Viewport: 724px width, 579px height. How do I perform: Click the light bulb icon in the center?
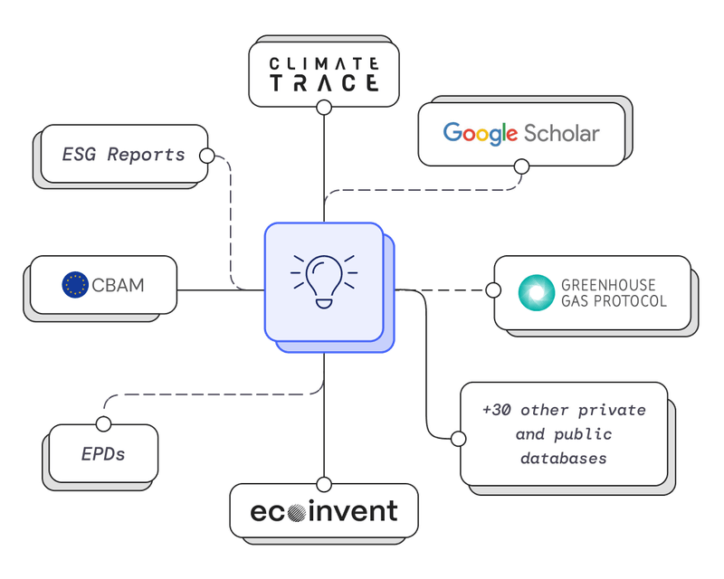click(323, 279)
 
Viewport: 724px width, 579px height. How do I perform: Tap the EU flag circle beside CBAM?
click(75, 286)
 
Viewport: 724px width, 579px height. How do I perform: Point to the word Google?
click(480, 134)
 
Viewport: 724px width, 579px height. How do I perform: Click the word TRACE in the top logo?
click(324, 83)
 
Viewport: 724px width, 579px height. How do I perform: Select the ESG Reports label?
click(123, 154)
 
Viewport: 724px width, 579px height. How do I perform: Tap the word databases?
click(563, 459)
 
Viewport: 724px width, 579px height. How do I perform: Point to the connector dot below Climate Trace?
click(324, 107)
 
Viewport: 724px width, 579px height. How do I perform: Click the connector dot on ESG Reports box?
click(206, 156)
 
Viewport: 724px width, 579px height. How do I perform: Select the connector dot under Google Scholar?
click(521, 166)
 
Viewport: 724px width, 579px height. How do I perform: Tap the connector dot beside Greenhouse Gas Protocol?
click(493, 290)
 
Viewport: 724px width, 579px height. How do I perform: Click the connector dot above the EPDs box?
click(103, 423)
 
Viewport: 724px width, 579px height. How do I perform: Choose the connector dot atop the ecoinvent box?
click(324, 483)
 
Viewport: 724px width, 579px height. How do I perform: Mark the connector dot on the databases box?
click(459, 438)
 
